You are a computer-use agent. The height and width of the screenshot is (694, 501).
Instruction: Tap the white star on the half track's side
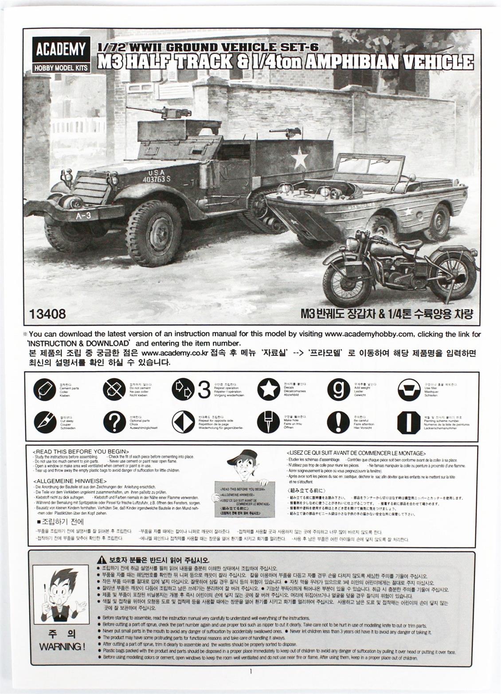[x=300, y=157]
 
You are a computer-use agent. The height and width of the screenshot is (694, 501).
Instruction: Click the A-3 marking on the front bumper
[x=83, y=215]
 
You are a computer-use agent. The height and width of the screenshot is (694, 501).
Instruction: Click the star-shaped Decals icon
[x=268, y=389]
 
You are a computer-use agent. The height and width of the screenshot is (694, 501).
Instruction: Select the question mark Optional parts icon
[x=114, y=421]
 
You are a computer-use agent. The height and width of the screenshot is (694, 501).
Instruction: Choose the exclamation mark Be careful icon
[x=338, y=421]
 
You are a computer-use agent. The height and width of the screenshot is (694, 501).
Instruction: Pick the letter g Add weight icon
[x=338, y=389]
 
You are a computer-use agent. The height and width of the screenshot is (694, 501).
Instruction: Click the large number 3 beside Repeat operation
[x=204, y=390]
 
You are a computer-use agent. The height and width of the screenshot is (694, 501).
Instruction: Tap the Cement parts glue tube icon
[x=45, y=390]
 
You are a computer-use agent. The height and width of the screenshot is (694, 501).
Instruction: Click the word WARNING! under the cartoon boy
[x=62, y=646]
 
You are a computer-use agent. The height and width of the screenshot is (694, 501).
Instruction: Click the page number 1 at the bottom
[x=250, y=671]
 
